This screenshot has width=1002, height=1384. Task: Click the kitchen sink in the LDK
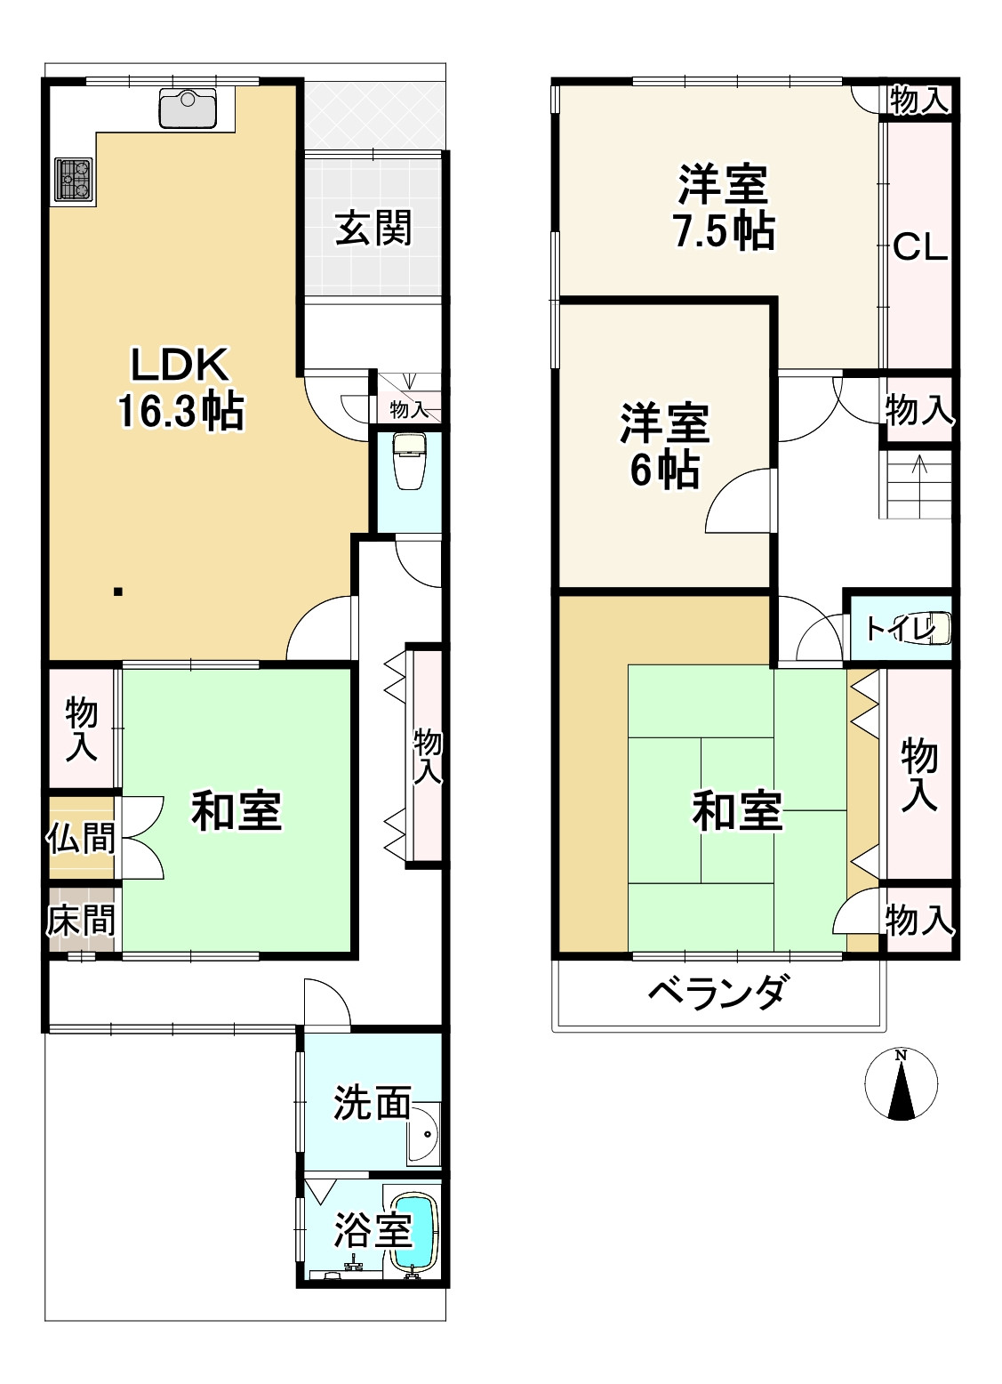click(x=187, y=108)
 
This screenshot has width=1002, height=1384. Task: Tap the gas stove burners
click(x=73, y=179)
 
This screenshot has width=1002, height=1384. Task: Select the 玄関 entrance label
click(x=373, y=229)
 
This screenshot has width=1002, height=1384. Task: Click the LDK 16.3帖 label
click(x=182, y=388)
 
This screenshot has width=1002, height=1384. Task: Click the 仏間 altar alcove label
click(x=81, y=837)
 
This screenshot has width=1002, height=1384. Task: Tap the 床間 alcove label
click(x=81, y=920)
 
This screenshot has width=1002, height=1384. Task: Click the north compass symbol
click(x=901, y=1083)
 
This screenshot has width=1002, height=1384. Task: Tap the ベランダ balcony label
click(x=717, y=990)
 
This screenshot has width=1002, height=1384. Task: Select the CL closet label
click(x=920, y=246)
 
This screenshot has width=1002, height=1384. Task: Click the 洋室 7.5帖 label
click(x=723, y=207)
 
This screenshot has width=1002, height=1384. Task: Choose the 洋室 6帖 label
click(x=664, y=446)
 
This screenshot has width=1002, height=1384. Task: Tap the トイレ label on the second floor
click(x=899, y=628)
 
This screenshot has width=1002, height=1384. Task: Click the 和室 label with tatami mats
click(x=737, y=810)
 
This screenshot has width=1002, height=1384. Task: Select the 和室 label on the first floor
click(x=236, y=810)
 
